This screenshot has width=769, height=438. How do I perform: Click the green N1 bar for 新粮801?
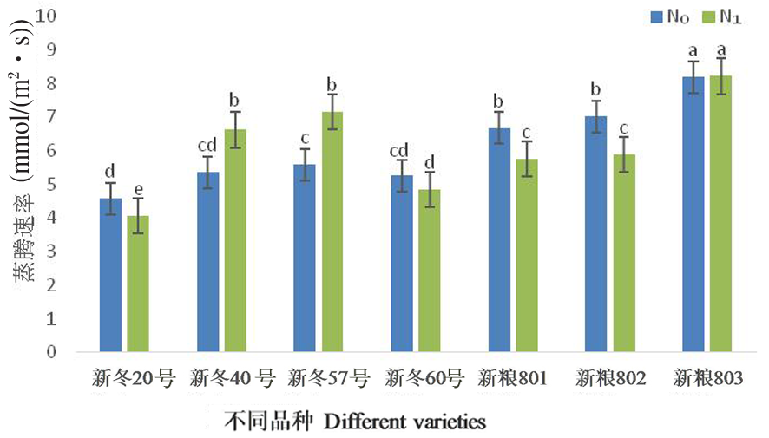pyautogui.click(x=527, y=256)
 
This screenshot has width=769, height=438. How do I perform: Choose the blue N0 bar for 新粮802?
pyautogui.click(x=595, y=235)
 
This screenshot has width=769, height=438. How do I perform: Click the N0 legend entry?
pyautogui.click(x=667, y=15)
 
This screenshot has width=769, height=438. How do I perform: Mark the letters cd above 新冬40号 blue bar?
pyautogui.click(x=207, y=145)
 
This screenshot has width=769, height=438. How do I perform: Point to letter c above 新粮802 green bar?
pyautogui.click(x=623, y=126)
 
